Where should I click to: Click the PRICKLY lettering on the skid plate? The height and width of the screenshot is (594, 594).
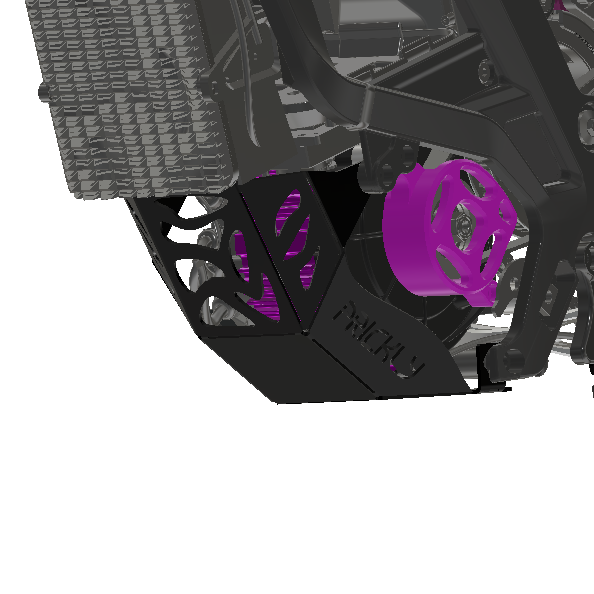pos(378,338)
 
